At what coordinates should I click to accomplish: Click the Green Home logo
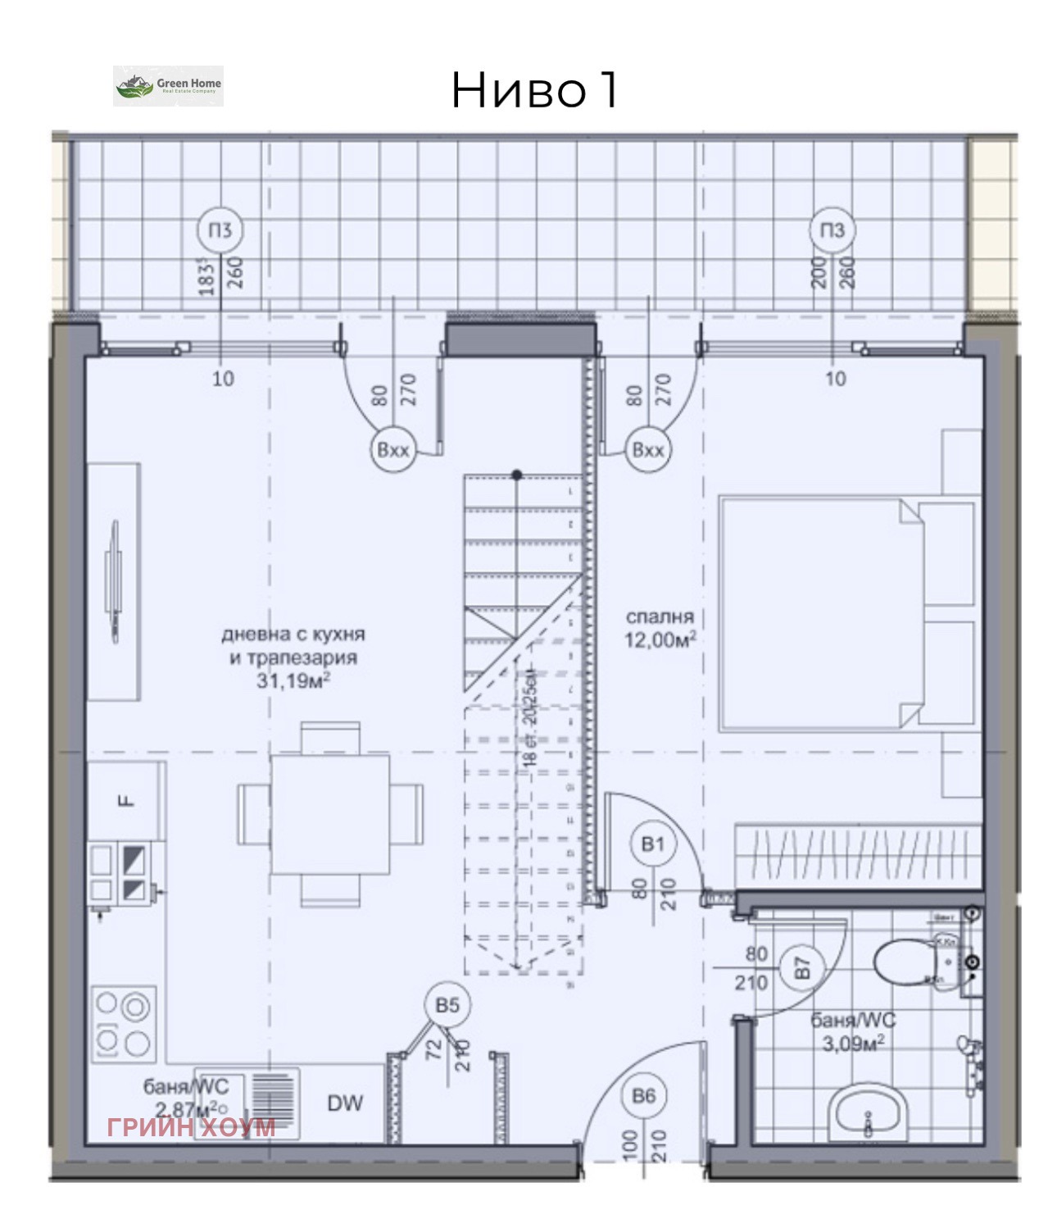tap(168, 86)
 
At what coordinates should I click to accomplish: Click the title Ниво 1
tap(533, 90)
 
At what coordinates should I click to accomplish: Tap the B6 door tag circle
tap(644, 1096)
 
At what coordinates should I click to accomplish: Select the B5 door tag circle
tap(447, 1005)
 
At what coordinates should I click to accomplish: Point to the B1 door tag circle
tap(653, 844)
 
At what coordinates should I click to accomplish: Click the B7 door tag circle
tap(801, 968)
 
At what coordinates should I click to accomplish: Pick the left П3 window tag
tap(220, 230)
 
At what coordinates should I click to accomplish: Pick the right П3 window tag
tap(832, 230)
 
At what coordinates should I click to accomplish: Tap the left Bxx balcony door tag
tap(393, 450)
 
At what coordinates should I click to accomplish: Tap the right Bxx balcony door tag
tap(648, 450)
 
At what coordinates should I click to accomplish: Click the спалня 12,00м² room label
tap(660, 629)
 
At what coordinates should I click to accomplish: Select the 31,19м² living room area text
tap(293, 680)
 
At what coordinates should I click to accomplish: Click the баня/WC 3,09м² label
tap(853, 1032)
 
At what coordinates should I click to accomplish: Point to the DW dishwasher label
tap(345, 1103)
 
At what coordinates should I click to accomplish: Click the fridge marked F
tap(126, 800)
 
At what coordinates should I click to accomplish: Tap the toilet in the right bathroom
tap(910, 962)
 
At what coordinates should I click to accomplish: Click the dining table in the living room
tap(330, 814)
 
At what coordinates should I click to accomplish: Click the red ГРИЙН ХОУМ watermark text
tap(191, 1127)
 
